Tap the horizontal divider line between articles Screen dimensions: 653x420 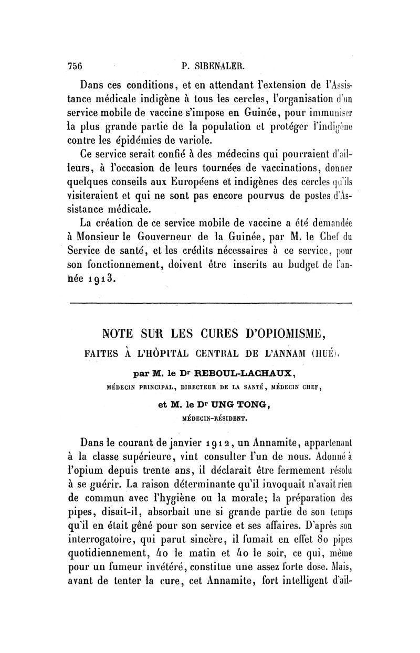click(x=210, y=304)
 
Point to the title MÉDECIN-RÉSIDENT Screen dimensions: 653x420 click(x=210, y=419)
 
